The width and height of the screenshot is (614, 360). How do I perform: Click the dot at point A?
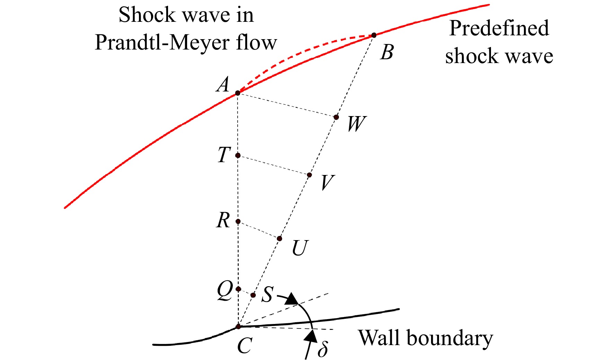(x=238, y=93)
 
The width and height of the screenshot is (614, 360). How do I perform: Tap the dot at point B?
(x=374, y=35)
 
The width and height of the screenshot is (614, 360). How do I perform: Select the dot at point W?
(x=336, y=117)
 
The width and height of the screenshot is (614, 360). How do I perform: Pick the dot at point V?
(x=309, y=175)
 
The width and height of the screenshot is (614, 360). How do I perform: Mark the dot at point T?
(x=238, y=156)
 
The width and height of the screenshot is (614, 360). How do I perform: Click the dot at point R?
(x=238, y=221)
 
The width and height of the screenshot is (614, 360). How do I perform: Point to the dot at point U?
(x=279, y=238)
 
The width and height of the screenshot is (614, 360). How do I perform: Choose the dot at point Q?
(x=238, y=289)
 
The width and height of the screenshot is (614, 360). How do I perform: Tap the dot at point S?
(x=253, y=295)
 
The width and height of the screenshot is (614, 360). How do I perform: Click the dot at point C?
(x=238, y=326)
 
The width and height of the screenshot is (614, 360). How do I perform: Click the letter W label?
(x=357, y=124)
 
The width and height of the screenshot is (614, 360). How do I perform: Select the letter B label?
(x=387, y=53)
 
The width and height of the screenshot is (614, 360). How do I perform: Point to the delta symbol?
(x=323, y=349)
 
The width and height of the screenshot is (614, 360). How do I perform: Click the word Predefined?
(x=499, y=28)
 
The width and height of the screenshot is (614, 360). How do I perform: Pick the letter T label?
(x=224, y=155)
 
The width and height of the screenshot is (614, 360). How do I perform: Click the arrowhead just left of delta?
(x=313, y=336)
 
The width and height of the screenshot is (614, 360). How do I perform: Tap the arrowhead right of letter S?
(x=292, y=299)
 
